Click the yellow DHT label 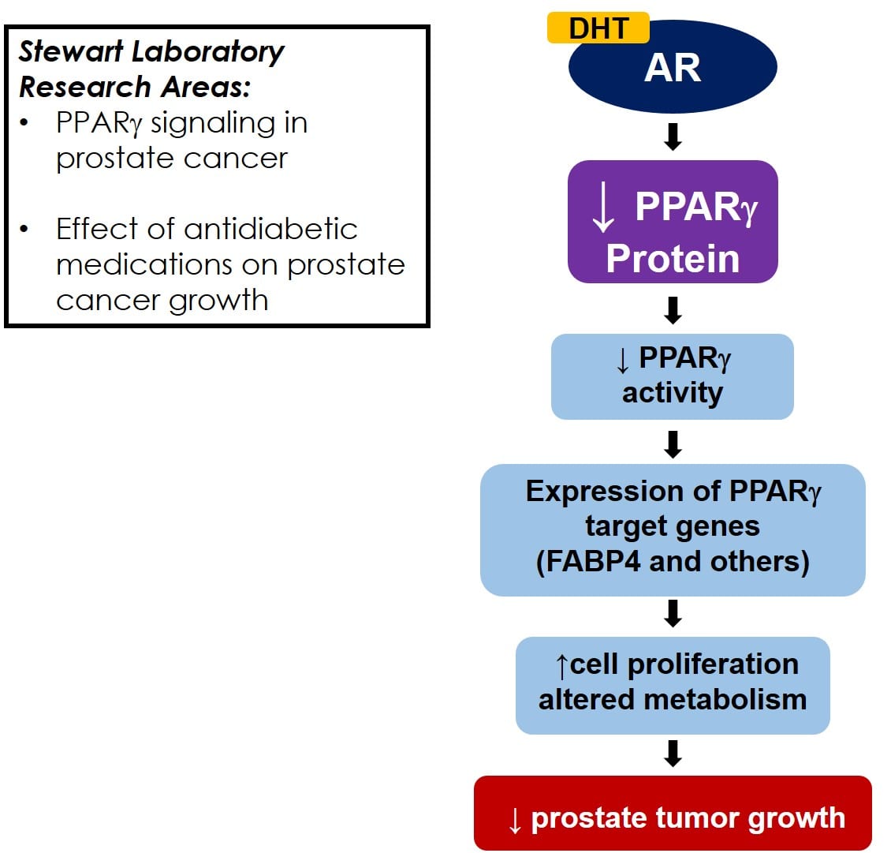click(x=598, y=28)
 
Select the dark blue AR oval click(x=673, y=67)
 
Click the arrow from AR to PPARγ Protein click(x=673, y=137)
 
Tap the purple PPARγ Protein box click(x=673, y=222)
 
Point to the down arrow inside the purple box click(x=603, y=207)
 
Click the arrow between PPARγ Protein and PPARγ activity click(x=673, y=310)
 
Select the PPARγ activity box click(x=673, y=376)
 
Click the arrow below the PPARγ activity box click(x=673, y=445)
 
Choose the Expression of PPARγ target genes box click(x=673, y=530)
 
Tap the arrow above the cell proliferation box click(x=673, y=614)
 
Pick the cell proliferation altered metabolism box click(x=673, y=685)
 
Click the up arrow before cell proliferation click(x=562, y=666)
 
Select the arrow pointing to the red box click(x=673, y=754)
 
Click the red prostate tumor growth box click(x=673, y=814)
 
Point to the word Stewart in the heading click(x=71, y=51)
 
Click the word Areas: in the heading click(x=206, y=87)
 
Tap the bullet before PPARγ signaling click(x=24, y=122)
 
